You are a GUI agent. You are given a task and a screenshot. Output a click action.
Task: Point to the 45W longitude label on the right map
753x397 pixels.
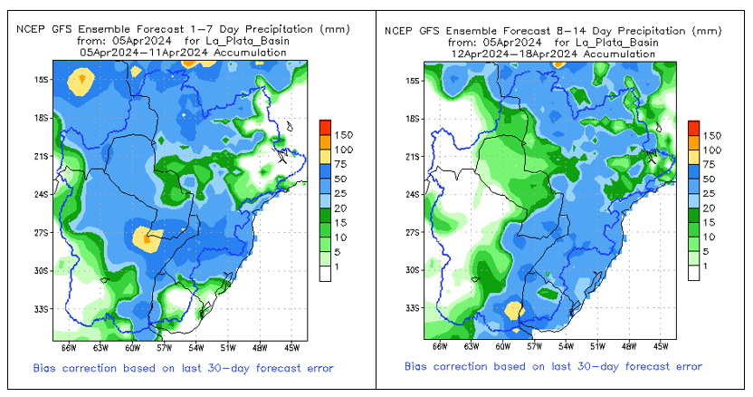pyautogui.click(x=661, y=345)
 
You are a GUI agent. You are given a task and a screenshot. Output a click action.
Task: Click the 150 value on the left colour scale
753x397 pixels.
pyautogui.click(x=347, y=135)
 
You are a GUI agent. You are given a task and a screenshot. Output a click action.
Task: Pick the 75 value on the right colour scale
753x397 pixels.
pyautogui.click(x=713, y=164)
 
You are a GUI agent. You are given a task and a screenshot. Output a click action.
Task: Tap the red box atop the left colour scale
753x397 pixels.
pyautogui.click(x=326, y=125)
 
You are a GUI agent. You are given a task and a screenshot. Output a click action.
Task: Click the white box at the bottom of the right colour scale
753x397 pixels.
pyautogui.click(x=693, y=274)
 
